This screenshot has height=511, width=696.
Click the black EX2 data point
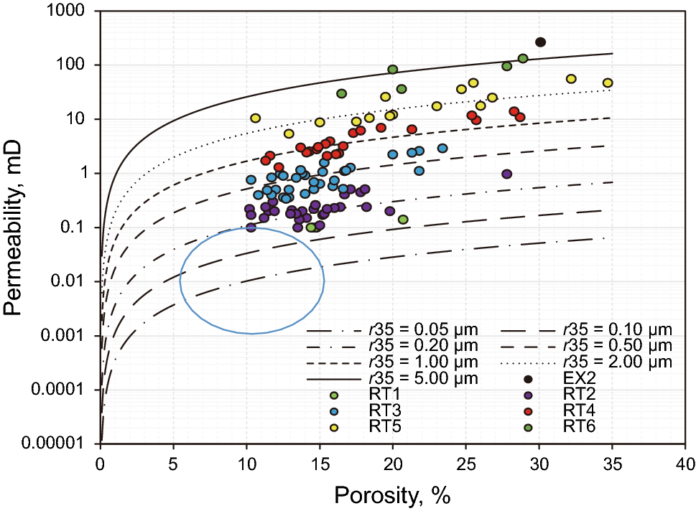pos(541,42)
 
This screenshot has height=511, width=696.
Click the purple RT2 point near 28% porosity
pos(507,174)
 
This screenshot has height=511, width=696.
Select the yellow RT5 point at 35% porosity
pos(608,83)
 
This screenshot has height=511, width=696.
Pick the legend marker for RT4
pos(528,411)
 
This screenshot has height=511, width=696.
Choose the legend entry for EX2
pos(528,379)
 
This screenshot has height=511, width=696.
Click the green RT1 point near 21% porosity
pos(403,220)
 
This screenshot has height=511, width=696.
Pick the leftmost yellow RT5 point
pos(255,118)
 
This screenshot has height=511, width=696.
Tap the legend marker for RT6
pos(528,428)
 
